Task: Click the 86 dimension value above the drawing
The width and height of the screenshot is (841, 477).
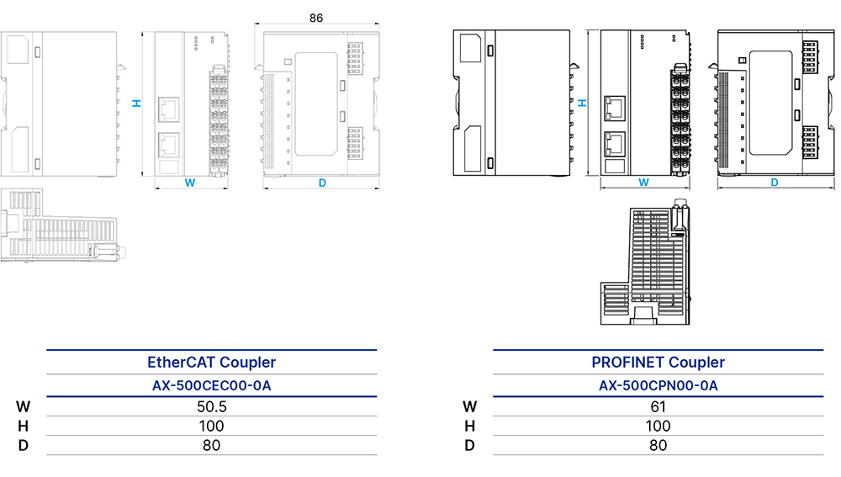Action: coord(316,18)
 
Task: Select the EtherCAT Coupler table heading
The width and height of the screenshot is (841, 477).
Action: coord(211,363)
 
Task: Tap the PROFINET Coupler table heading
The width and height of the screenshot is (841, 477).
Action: coord(659,363)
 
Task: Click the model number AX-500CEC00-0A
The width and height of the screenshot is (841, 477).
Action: coord(211,385)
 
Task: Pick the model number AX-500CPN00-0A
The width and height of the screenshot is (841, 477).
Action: coord(659,385)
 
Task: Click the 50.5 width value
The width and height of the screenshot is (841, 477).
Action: coord(211,406)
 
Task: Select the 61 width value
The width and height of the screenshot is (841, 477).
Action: coord(659,406)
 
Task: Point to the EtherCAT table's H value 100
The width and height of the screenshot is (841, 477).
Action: coord(211,426)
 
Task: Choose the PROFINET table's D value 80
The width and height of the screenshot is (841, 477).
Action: coord(659,445)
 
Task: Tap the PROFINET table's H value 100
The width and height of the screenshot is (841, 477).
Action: coord(659,426)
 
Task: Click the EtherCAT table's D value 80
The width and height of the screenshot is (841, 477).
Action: coord(211,445)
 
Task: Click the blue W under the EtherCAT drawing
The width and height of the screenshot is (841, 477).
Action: coord(190,183)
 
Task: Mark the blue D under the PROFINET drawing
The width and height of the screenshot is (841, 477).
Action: coord(774,183)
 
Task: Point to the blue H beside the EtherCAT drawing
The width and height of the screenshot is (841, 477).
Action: coord(137,103)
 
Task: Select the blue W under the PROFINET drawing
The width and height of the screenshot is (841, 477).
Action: coord(643,183)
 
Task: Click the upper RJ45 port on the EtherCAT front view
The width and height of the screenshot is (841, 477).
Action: coord(169,110)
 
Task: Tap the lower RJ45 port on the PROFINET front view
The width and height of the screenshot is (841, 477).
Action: coord(615,144)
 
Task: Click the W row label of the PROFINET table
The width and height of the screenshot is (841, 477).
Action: coord(469,406)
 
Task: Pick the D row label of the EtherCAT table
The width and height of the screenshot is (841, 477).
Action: coord(23,445)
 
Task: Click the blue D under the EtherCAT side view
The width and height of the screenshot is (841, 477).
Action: coord(322,183)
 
